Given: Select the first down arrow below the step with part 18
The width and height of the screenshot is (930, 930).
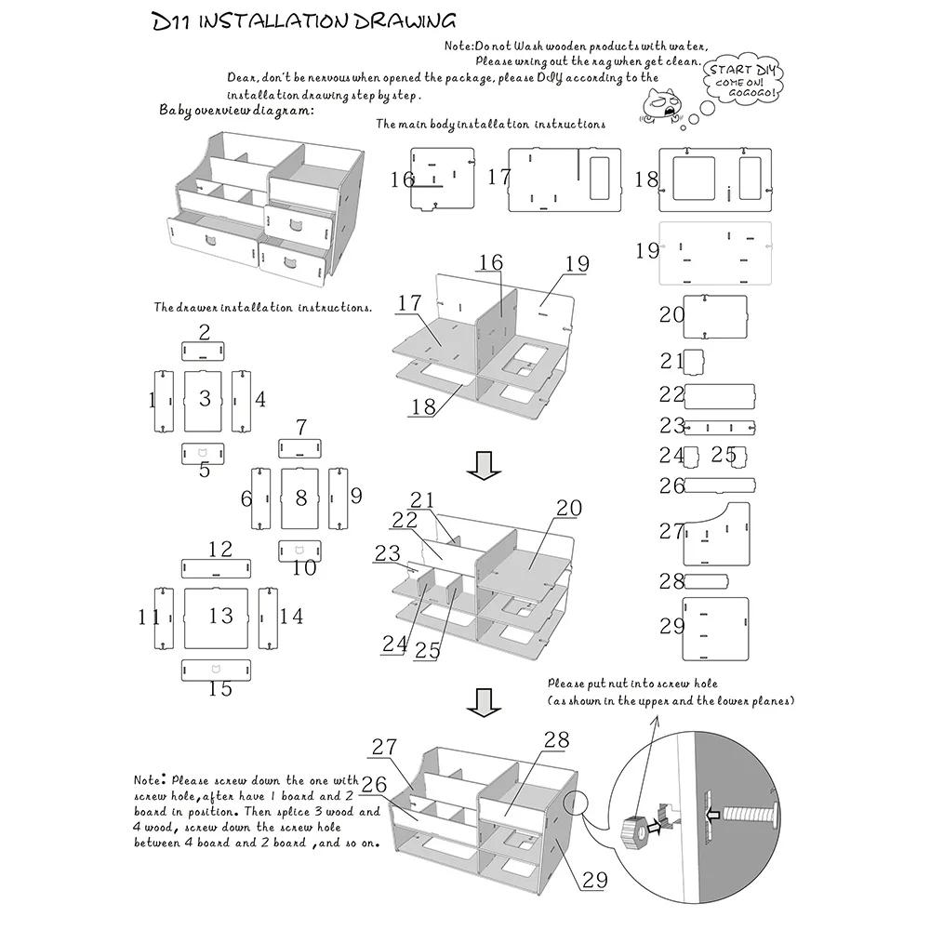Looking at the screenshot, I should coord(482,466).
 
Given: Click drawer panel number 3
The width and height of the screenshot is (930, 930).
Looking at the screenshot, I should coord(206,400).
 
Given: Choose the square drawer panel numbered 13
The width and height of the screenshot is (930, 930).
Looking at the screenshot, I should coord(219,617).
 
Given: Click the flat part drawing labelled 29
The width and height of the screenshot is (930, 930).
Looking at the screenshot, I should coord(716,629).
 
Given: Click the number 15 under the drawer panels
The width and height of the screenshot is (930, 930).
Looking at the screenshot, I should coord(220,689).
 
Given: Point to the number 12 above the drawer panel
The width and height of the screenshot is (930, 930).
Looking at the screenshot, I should coord(220,549).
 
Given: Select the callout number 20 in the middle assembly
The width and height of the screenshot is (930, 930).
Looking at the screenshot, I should coord(568,508).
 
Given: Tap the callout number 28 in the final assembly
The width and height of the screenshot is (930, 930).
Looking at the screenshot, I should coord(556,739).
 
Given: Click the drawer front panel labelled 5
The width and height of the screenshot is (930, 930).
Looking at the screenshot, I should coord(204,453).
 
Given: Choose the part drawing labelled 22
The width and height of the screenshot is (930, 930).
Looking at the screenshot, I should coord(720,396).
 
